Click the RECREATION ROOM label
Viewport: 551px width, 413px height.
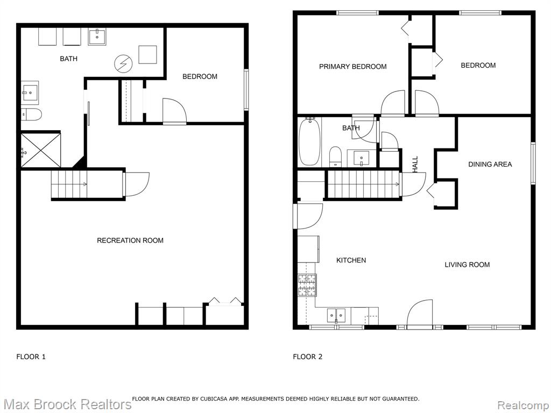click(x=130, y=240)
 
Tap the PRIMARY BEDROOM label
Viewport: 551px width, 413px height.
click(x=353, y=66)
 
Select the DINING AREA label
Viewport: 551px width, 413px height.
click(x=490, y=164)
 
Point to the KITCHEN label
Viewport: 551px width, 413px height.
click(x=351, y=260)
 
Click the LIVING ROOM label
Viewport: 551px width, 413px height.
click(x=467, y=265)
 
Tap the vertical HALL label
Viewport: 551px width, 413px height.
click(x=415, y=165)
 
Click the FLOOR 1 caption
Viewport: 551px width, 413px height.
click(x=31, y=357)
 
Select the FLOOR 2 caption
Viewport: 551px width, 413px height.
click(x=307, y=357)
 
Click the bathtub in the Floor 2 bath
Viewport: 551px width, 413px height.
click(x=309, y=141)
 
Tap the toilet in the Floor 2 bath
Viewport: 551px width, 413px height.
click(x=336, y=156)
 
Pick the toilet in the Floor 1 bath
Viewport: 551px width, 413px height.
click(x=31, y=115)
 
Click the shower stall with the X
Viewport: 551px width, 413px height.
click(x=41, y=149)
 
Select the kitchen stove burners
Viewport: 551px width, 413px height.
click(x=307, y=285)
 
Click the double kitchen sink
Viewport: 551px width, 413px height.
click(x=336, y=315)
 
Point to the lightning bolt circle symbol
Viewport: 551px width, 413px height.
click(x=123, y=64)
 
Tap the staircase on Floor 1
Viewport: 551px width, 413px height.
click(x=69, y=184)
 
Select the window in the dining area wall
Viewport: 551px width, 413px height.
click(x=533, y=163)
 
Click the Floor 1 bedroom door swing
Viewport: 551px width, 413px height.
click(x=175, y=111)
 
